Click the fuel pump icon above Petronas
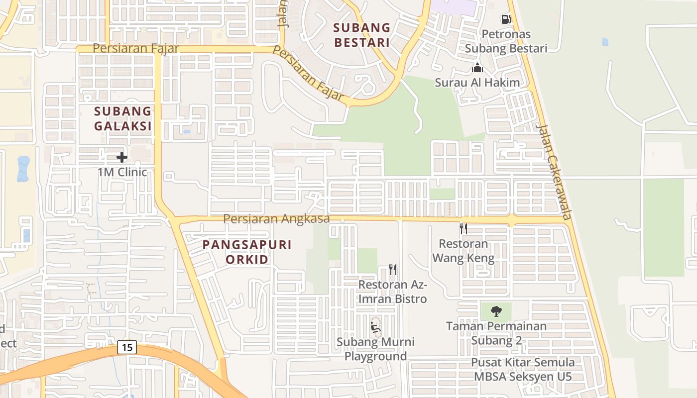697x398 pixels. pyautogui.click(x=506, y=19)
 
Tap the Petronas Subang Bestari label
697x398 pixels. pyautogui.click(x=506, y=41)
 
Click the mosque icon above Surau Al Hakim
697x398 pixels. pyautogui.click(x=477, y=68)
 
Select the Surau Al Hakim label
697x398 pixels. pyautogui.click(x=477, y=83)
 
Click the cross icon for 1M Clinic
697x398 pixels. pyautogui.click(x=122, y=158)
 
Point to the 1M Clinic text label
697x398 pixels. pyautogui.click(x=122, y=172)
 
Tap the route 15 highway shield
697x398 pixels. pyautogui.click(x=127, y=347)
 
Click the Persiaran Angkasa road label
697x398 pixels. pyautogui.click(x=276, y=219)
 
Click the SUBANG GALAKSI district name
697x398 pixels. pyautogui.click(x=122, y=118)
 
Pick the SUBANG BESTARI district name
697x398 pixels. pyautogui.click(x=361, y=35)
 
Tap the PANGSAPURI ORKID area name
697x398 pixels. pyautogui.click(x=247, y=252)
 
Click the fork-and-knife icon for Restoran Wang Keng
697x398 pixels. pyautogui.click(x=463, y=228)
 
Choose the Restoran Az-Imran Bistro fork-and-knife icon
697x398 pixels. pyautogui.click(x=393, y=270)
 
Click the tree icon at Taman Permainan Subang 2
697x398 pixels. pyautogui.click(x=496, y=311)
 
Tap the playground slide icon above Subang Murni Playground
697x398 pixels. pyautogui.click(x=375, y=327)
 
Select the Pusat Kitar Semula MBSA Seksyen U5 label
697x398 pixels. pyautogui.click(x=523, y=369)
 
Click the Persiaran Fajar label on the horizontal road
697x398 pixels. pyautogui.click(x=135, y=49)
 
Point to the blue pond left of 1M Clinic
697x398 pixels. pyautogui.click(x=23, y=169)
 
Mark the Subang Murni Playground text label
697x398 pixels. pyautogui.click(x=375, y=349)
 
